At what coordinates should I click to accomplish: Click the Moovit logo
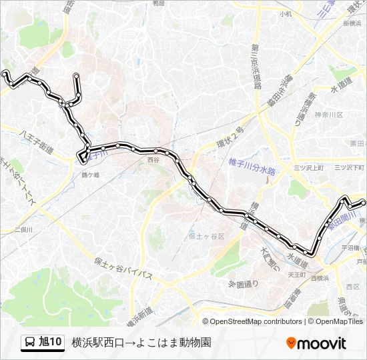pos(316,343)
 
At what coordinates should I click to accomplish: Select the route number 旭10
pos(51,343)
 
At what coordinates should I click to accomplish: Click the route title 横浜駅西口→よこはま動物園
pos(141,343)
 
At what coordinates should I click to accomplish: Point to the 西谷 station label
pos(154,160)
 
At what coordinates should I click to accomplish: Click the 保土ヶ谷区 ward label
pos(207,236)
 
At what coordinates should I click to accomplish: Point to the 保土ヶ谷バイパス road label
pos(123,266)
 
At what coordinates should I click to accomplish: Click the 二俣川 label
pos(23,229)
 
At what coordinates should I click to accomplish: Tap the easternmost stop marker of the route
pos(363,202)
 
